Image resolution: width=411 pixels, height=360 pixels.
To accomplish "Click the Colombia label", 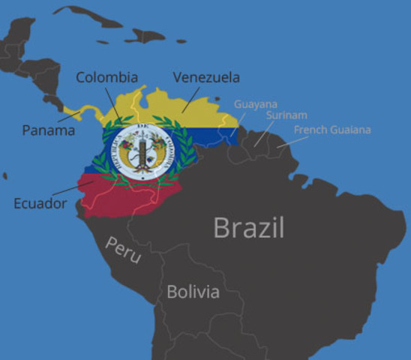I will [106, 78].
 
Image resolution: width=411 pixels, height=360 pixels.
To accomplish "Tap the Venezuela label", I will [205, 77].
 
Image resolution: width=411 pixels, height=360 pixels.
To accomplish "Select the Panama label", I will [48, 130].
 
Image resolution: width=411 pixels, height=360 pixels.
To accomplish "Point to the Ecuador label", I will [40, 202].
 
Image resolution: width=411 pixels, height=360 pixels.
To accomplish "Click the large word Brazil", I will [248, 226].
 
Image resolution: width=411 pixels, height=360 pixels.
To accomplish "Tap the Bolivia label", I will [193, 291].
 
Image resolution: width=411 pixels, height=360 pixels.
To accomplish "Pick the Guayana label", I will [256, 104].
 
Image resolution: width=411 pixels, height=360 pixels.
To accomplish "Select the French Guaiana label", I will [331, 130].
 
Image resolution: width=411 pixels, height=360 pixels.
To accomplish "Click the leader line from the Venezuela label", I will [188, 100].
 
